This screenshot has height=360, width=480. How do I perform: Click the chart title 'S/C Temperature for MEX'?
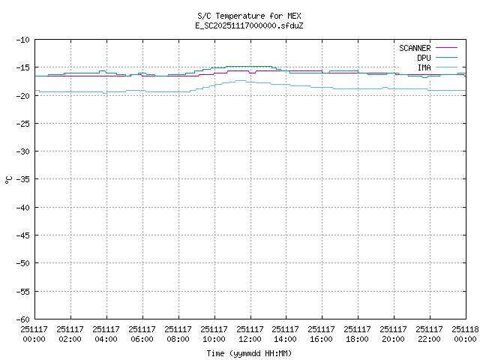pos(250,16)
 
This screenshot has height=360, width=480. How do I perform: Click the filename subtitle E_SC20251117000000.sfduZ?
pos(250,25)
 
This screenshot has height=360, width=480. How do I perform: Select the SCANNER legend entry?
pos(414,48)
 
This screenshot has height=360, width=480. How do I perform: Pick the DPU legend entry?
pos(424,58)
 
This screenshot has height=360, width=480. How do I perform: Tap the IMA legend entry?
pos(424,67)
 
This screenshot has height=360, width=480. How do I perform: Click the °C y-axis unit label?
pos(8,179)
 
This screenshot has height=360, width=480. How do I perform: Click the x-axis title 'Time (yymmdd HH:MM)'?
pos(250,353)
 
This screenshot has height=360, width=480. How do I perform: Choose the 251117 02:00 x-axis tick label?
pos(70,333)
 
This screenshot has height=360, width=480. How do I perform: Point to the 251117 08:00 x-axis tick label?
pos(178,333)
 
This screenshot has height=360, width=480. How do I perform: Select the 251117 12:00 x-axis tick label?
pos(250,333)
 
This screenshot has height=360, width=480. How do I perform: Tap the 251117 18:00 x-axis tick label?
pos(358,333)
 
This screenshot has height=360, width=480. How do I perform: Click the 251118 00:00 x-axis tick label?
pos(465,333)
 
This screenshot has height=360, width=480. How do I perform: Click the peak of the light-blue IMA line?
pos(241,80)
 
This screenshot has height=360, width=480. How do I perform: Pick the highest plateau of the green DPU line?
pos(249,66)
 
